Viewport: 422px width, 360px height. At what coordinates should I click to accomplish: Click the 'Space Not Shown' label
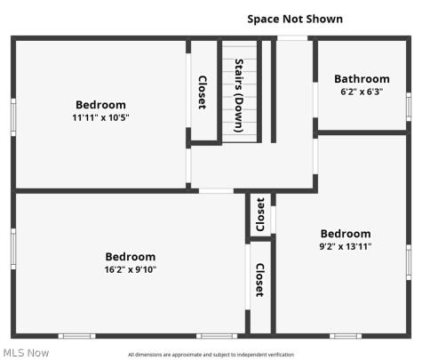pyautogui.click(x=295, y=19)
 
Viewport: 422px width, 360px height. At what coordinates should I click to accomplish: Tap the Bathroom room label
pyautogui.click(x=362, y=79)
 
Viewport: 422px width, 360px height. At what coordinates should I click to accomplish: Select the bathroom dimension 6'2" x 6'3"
pyautogui.click(x=362, y=92)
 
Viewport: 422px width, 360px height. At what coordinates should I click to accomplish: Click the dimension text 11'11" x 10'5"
pyautogui.click(x=100, y=117)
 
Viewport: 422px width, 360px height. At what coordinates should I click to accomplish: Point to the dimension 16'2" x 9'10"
pyautogui.click(x=131, y=269)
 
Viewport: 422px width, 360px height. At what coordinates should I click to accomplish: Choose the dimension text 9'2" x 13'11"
pyautogui.click(x=346, y=246)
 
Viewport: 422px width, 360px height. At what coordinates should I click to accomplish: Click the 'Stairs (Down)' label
pyautogui.click(x=239, y=95)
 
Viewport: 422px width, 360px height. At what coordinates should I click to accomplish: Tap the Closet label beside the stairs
pyautogui.click(x=203, y=92)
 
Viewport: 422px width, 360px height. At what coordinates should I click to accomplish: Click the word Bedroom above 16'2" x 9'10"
pyautogui.click(x=131, y=257)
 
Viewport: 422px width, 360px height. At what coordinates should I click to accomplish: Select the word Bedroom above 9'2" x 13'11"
pyautogui.click(x=346, y=234)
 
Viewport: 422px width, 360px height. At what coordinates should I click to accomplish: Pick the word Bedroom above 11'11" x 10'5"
pyautogui.click(x=100, y=105)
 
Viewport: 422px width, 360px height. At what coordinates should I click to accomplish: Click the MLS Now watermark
pyautogui.click(x=26, y=353)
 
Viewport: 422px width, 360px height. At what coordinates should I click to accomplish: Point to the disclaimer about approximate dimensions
pyautogui.click(x=211, y=355)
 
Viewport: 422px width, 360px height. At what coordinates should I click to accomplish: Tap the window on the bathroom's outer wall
pyautogui.click(x=409, y=107)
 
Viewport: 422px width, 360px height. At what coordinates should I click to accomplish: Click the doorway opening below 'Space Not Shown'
pyautogui.click(x=292, y=38)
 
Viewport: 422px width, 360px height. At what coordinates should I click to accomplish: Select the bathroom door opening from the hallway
pyautogui.click(x=315, y=100)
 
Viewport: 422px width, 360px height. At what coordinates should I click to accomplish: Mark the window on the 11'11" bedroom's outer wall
pyautogui.click(x=13, y=117)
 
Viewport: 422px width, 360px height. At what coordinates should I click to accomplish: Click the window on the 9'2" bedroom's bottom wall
pyautogui.click(x=346, y=336)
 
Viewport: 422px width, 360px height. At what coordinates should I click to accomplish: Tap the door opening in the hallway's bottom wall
pyautogui.click(x=216, y=191)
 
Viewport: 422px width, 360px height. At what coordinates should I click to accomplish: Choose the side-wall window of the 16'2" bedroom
pyautogui.click(x=13, y=249)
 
